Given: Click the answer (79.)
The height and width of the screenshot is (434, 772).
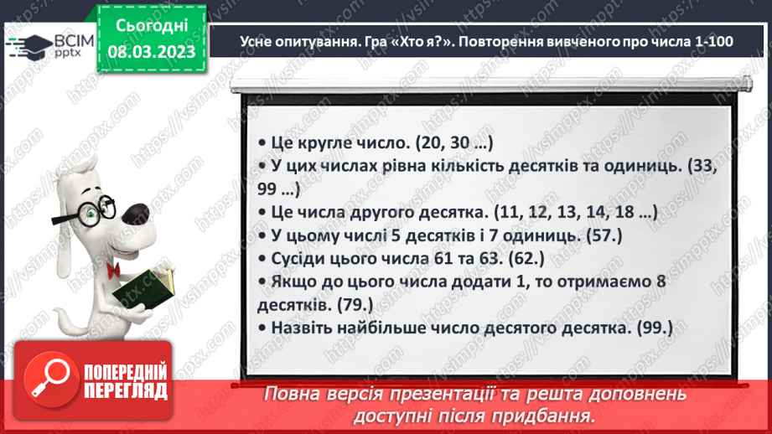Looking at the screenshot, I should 355,306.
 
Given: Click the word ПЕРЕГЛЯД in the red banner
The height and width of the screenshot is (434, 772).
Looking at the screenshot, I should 125,390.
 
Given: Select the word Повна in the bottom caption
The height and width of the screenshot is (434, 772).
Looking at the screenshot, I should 291,394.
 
